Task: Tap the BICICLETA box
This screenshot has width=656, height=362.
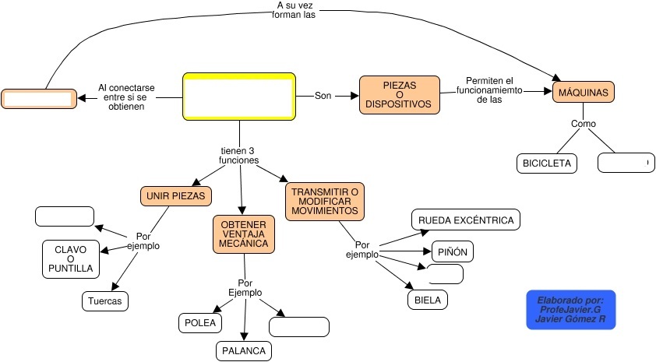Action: [x=547, y=163]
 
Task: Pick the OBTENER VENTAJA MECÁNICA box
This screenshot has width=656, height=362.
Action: [x=243, y=234]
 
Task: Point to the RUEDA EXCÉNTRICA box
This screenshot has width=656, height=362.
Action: [x=466, y=220]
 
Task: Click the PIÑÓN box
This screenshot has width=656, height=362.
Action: [x=453, y=252]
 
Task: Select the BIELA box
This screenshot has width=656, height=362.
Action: [x=427, y=299]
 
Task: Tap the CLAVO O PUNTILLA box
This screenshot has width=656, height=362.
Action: [x=70, y=259]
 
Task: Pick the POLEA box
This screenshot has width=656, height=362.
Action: [x=199, y=322]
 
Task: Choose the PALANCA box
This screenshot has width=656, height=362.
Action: [x=244, y=351]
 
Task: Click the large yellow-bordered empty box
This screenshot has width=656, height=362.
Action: [x=239, y=97]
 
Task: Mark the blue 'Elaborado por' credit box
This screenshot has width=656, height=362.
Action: [x=571, y=309]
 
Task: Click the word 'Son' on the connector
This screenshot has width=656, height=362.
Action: [x=323, y=96]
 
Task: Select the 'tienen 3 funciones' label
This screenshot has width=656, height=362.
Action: [x=238, y=155]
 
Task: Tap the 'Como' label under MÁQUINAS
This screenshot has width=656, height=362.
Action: [x=584, y=124]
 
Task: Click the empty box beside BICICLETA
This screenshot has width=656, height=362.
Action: [x=625, y=163]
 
